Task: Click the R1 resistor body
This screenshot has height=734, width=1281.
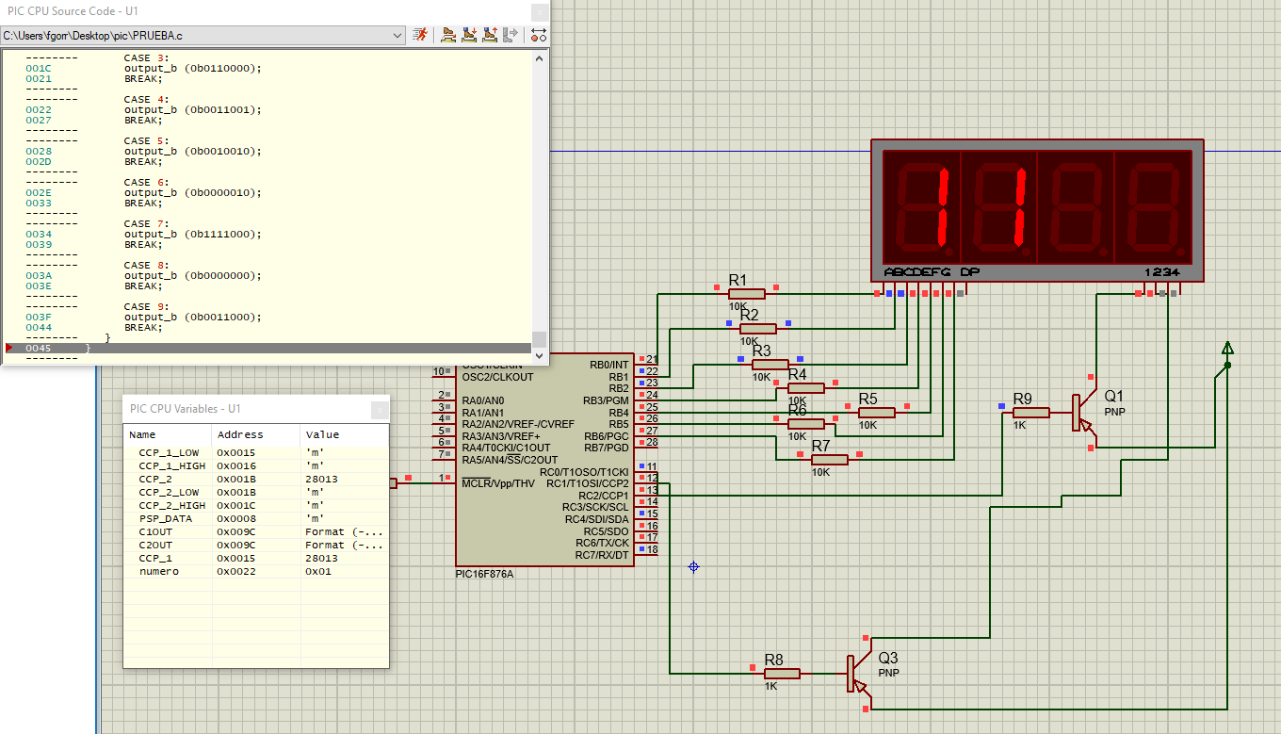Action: (746, 294)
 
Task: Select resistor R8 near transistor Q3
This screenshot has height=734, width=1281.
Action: (781, 674)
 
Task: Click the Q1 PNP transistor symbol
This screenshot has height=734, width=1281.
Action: (1083, 413)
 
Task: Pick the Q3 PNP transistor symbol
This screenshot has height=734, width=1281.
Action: (858, 674)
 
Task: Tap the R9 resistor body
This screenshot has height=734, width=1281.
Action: (1031, 413)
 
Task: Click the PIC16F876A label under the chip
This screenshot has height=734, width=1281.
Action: (484, 574)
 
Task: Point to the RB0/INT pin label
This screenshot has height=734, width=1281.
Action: (609, 365)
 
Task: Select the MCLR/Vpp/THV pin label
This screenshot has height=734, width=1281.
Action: (498, 483)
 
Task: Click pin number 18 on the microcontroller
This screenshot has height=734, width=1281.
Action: (652, 549)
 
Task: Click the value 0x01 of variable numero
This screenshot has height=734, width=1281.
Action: (318, 571)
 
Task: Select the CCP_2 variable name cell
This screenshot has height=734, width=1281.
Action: (155, 479)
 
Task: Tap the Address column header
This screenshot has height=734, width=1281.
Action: (240, 434)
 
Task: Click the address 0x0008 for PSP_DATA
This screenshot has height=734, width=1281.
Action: (235, 518)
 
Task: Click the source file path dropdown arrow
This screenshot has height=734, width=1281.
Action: (397, 36)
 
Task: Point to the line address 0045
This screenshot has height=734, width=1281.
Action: (39, 348)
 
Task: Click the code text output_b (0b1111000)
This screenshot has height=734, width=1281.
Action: (193, 234)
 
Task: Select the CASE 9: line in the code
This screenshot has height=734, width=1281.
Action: (146, 306)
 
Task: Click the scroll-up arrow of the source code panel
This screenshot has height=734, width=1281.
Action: (540, 58)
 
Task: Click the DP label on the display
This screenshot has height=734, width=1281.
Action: (970, 271)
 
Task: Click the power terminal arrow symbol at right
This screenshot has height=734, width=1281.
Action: (1227, 348)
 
